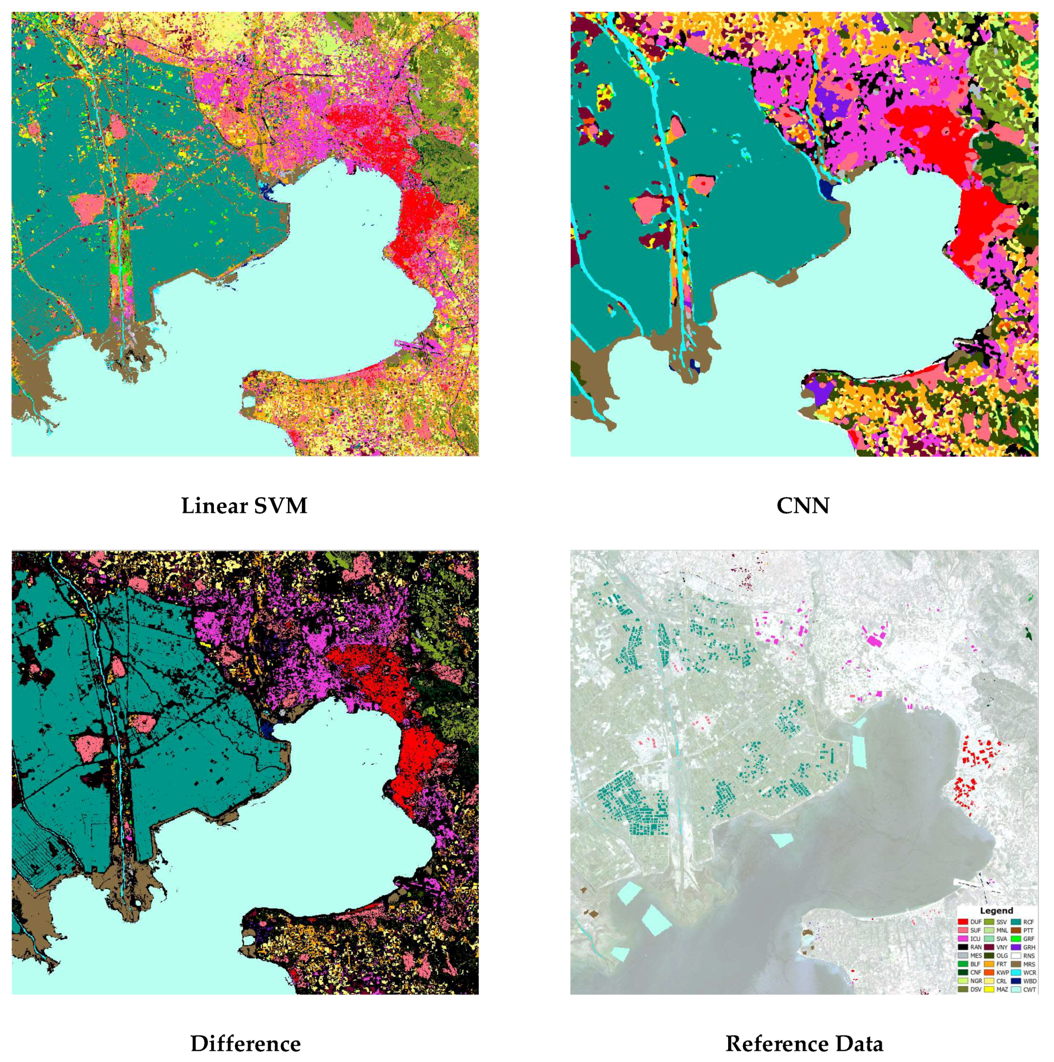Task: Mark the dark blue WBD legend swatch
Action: (x=1016, y=981)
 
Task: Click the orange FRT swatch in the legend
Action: (x=989, y=964)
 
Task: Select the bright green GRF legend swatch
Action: (x=1016, y=939)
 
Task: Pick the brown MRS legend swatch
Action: (x=1016, y=964)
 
